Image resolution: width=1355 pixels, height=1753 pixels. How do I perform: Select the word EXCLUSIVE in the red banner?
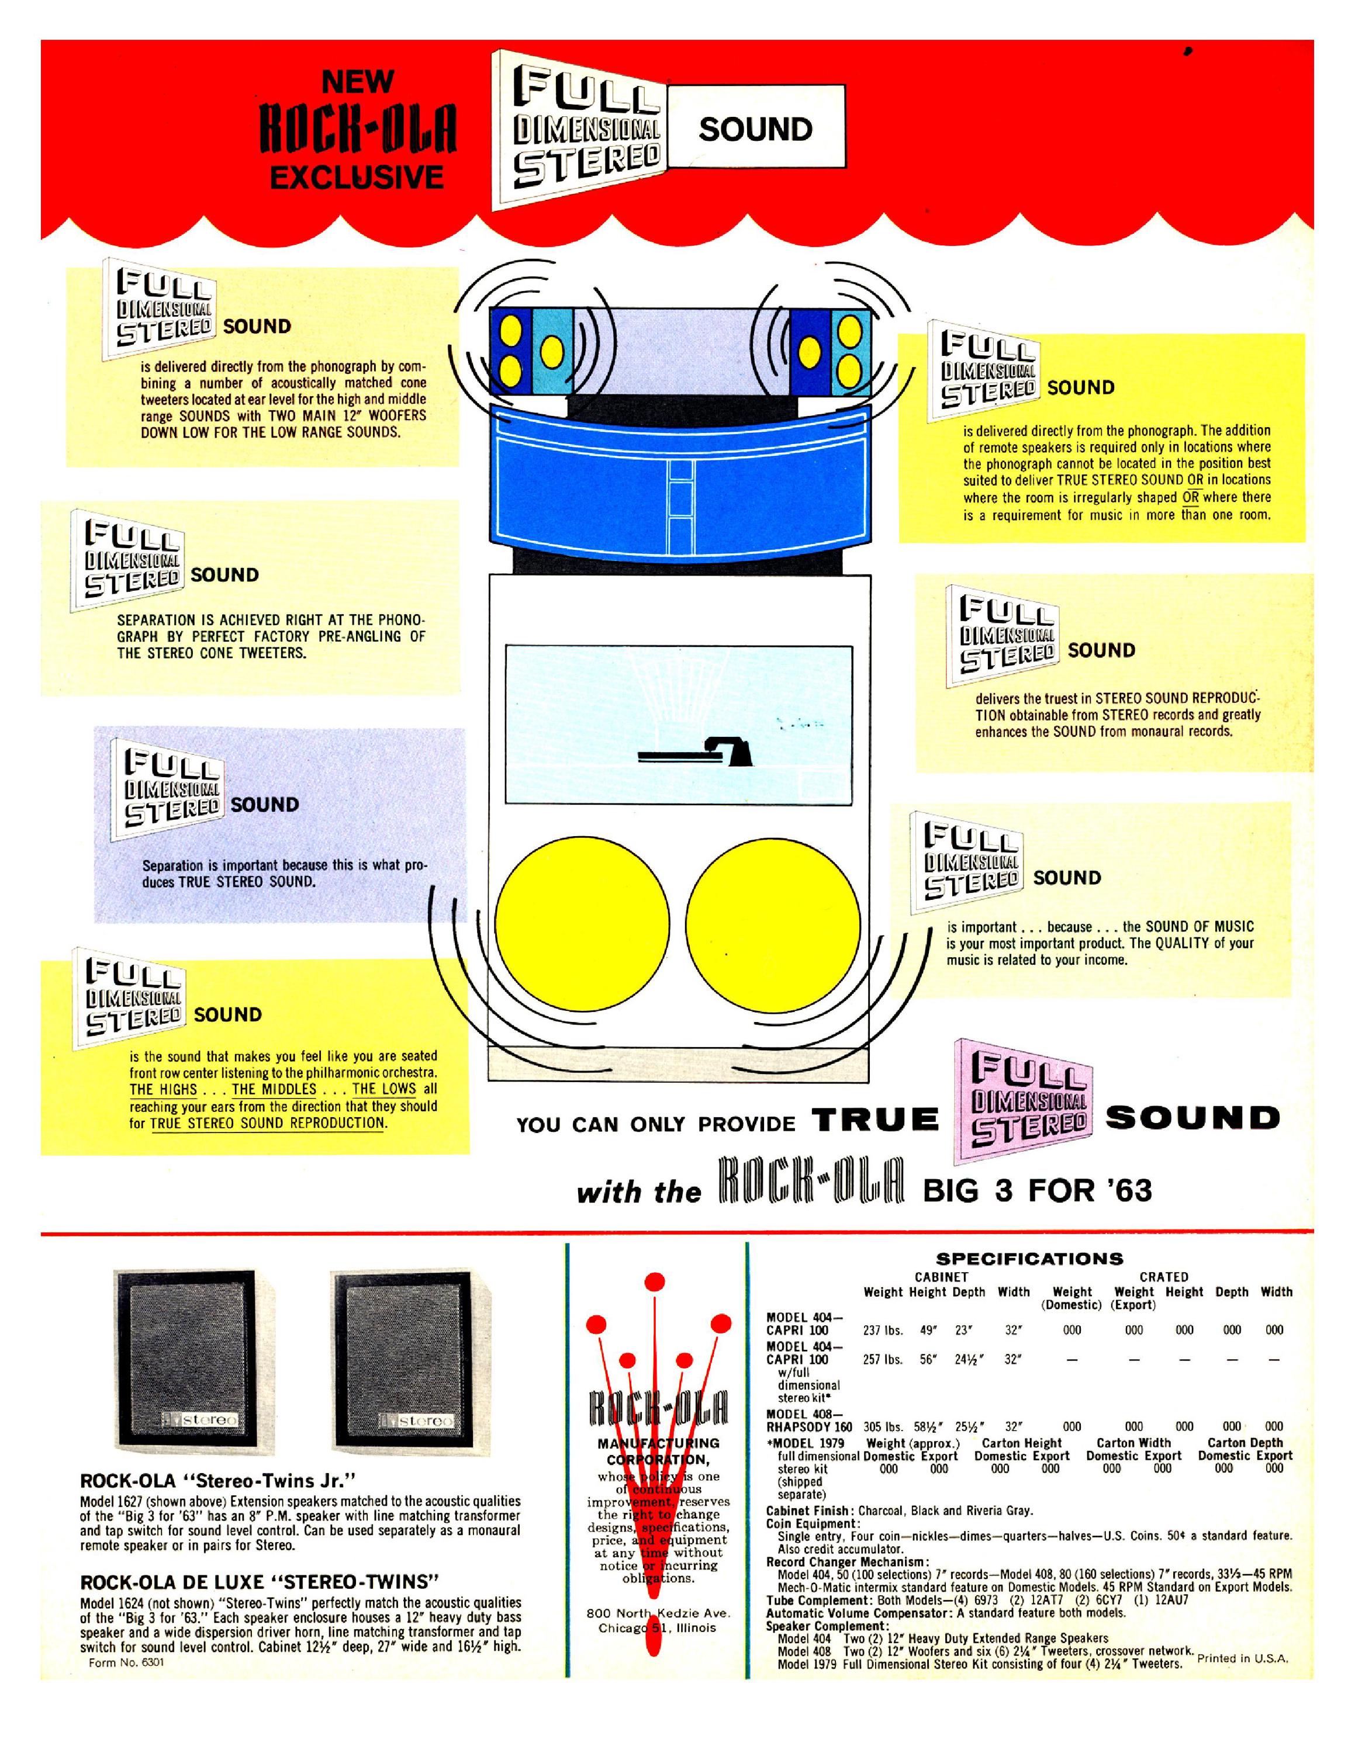[x=357, y=176]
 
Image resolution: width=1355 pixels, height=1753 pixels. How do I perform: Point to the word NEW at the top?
[x=357, y=81]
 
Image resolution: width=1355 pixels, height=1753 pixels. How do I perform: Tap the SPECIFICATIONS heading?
[x=1030, y=1259]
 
